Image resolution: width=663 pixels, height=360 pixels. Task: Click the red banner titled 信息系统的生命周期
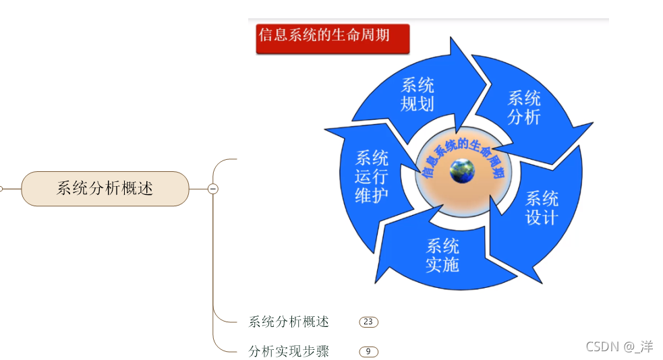(x=333, y=38)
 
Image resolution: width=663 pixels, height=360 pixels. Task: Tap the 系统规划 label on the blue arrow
(x=417, y=94)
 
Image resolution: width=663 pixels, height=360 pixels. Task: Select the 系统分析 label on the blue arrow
(x=524, y=107)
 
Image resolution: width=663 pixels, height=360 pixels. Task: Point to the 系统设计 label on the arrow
(x=542, y=208)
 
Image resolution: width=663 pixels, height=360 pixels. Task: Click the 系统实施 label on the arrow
(x=442, y=255)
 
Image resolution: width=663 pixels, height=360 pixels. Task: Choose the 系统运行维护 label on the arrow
(x=372, y=177)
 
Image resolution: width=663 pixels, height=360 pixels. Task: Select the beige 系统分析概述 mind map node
(x=105, y=189)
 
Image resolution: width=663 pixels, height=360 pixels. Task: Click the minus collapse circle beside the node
(x=213, y=189)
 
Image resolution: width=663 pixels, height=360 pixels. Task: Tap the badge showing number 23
(x=368, y=322)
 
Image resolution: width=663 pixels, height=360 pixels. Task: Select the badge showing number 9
(x=368, y=351)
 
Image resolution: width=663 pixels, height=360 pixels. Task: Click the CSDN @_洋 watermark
(x=619, y=347)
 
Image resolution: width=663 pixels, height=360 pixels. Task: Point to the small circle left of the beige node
(x=1, y=189)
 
